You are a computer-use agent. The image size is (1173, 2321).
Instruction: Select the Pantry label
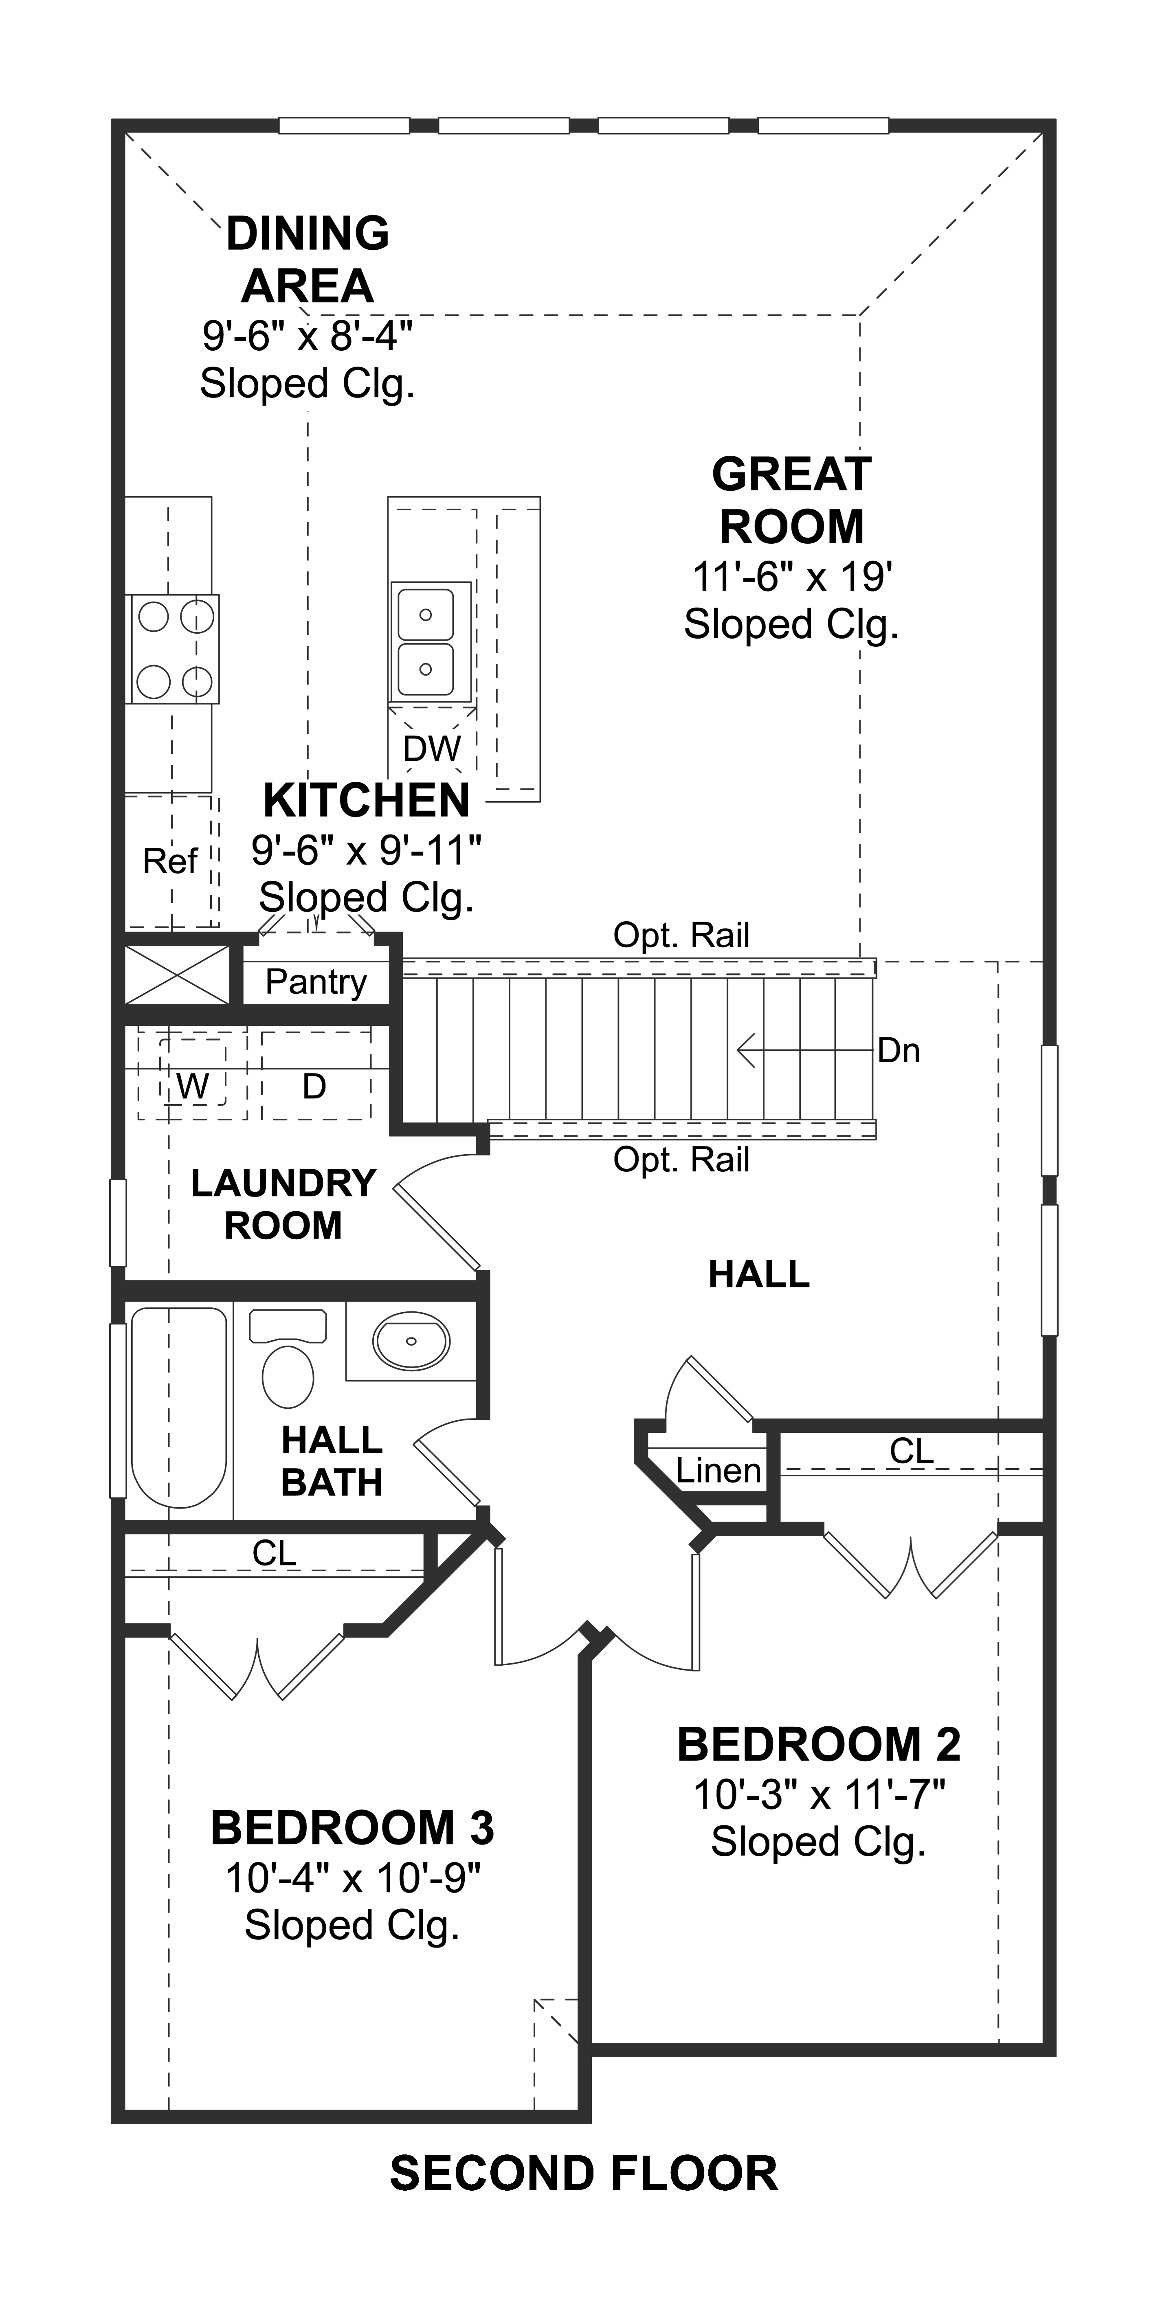316,981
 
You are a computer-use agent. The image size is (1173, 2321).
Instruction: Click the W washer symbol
192,1087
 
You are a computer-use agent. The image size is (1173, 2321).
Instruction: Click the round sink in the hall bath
411,1341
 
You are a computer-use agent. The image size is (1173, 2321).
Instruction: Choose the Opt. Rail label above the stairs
681,935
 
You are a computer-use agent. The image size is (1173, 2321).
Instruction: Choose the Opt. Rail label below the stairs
681,1159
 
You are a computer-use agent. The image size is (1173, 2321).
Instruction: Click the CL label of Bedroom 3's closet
274,1552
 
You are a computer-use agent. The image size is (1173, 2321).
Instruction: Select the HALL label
758,1274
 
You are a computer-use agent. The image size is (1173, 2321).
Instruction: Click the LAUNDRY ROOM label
283,1204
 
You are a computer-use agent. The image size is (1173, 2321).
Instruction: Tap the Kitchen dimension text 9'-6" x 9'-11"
366,850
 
